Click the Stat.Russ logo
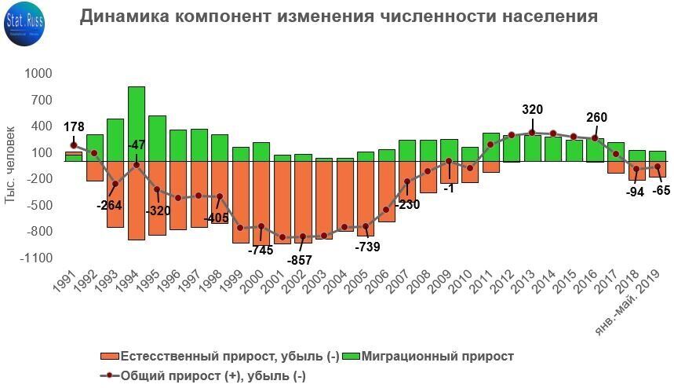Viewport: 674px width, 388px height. pyautogui.click(x=24, y=23)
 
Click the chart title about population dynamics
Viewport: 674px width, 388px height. pyautogui.click(x=338, y=16)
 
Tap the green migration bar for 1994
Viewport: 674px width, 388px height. pyautogui.click(x=137, y=123)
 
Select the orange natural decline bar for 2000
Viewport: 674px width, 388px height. pyautogui.click(x=261, y=200)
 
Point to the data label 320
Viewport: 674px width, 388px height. pyautogui.click(x=532, y=110)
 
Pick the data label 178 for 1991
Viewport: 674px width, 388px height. pyautogui.click(x=74, y=127)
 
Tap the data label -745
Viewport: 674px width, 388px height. pyautogui.click(x=260, y=251)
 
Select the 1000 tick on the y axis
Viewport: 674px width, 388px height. pyautogui.click(x=38, y=73)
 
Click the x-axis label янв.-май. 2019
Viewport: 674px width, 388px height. pyautogui.click(x=628, y=302)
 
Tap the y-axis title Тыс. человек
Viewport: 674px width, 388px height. pyautogui.click(x=10, y=165)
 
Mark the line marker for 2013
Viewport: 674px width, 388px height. pyautogui.click(x=532, y=132)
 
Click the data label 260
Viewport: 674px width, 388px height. pyautogui.click(x=596, y=118)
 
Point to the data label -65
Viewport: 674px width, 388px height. pyautogui.click(x=661, y=190)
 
